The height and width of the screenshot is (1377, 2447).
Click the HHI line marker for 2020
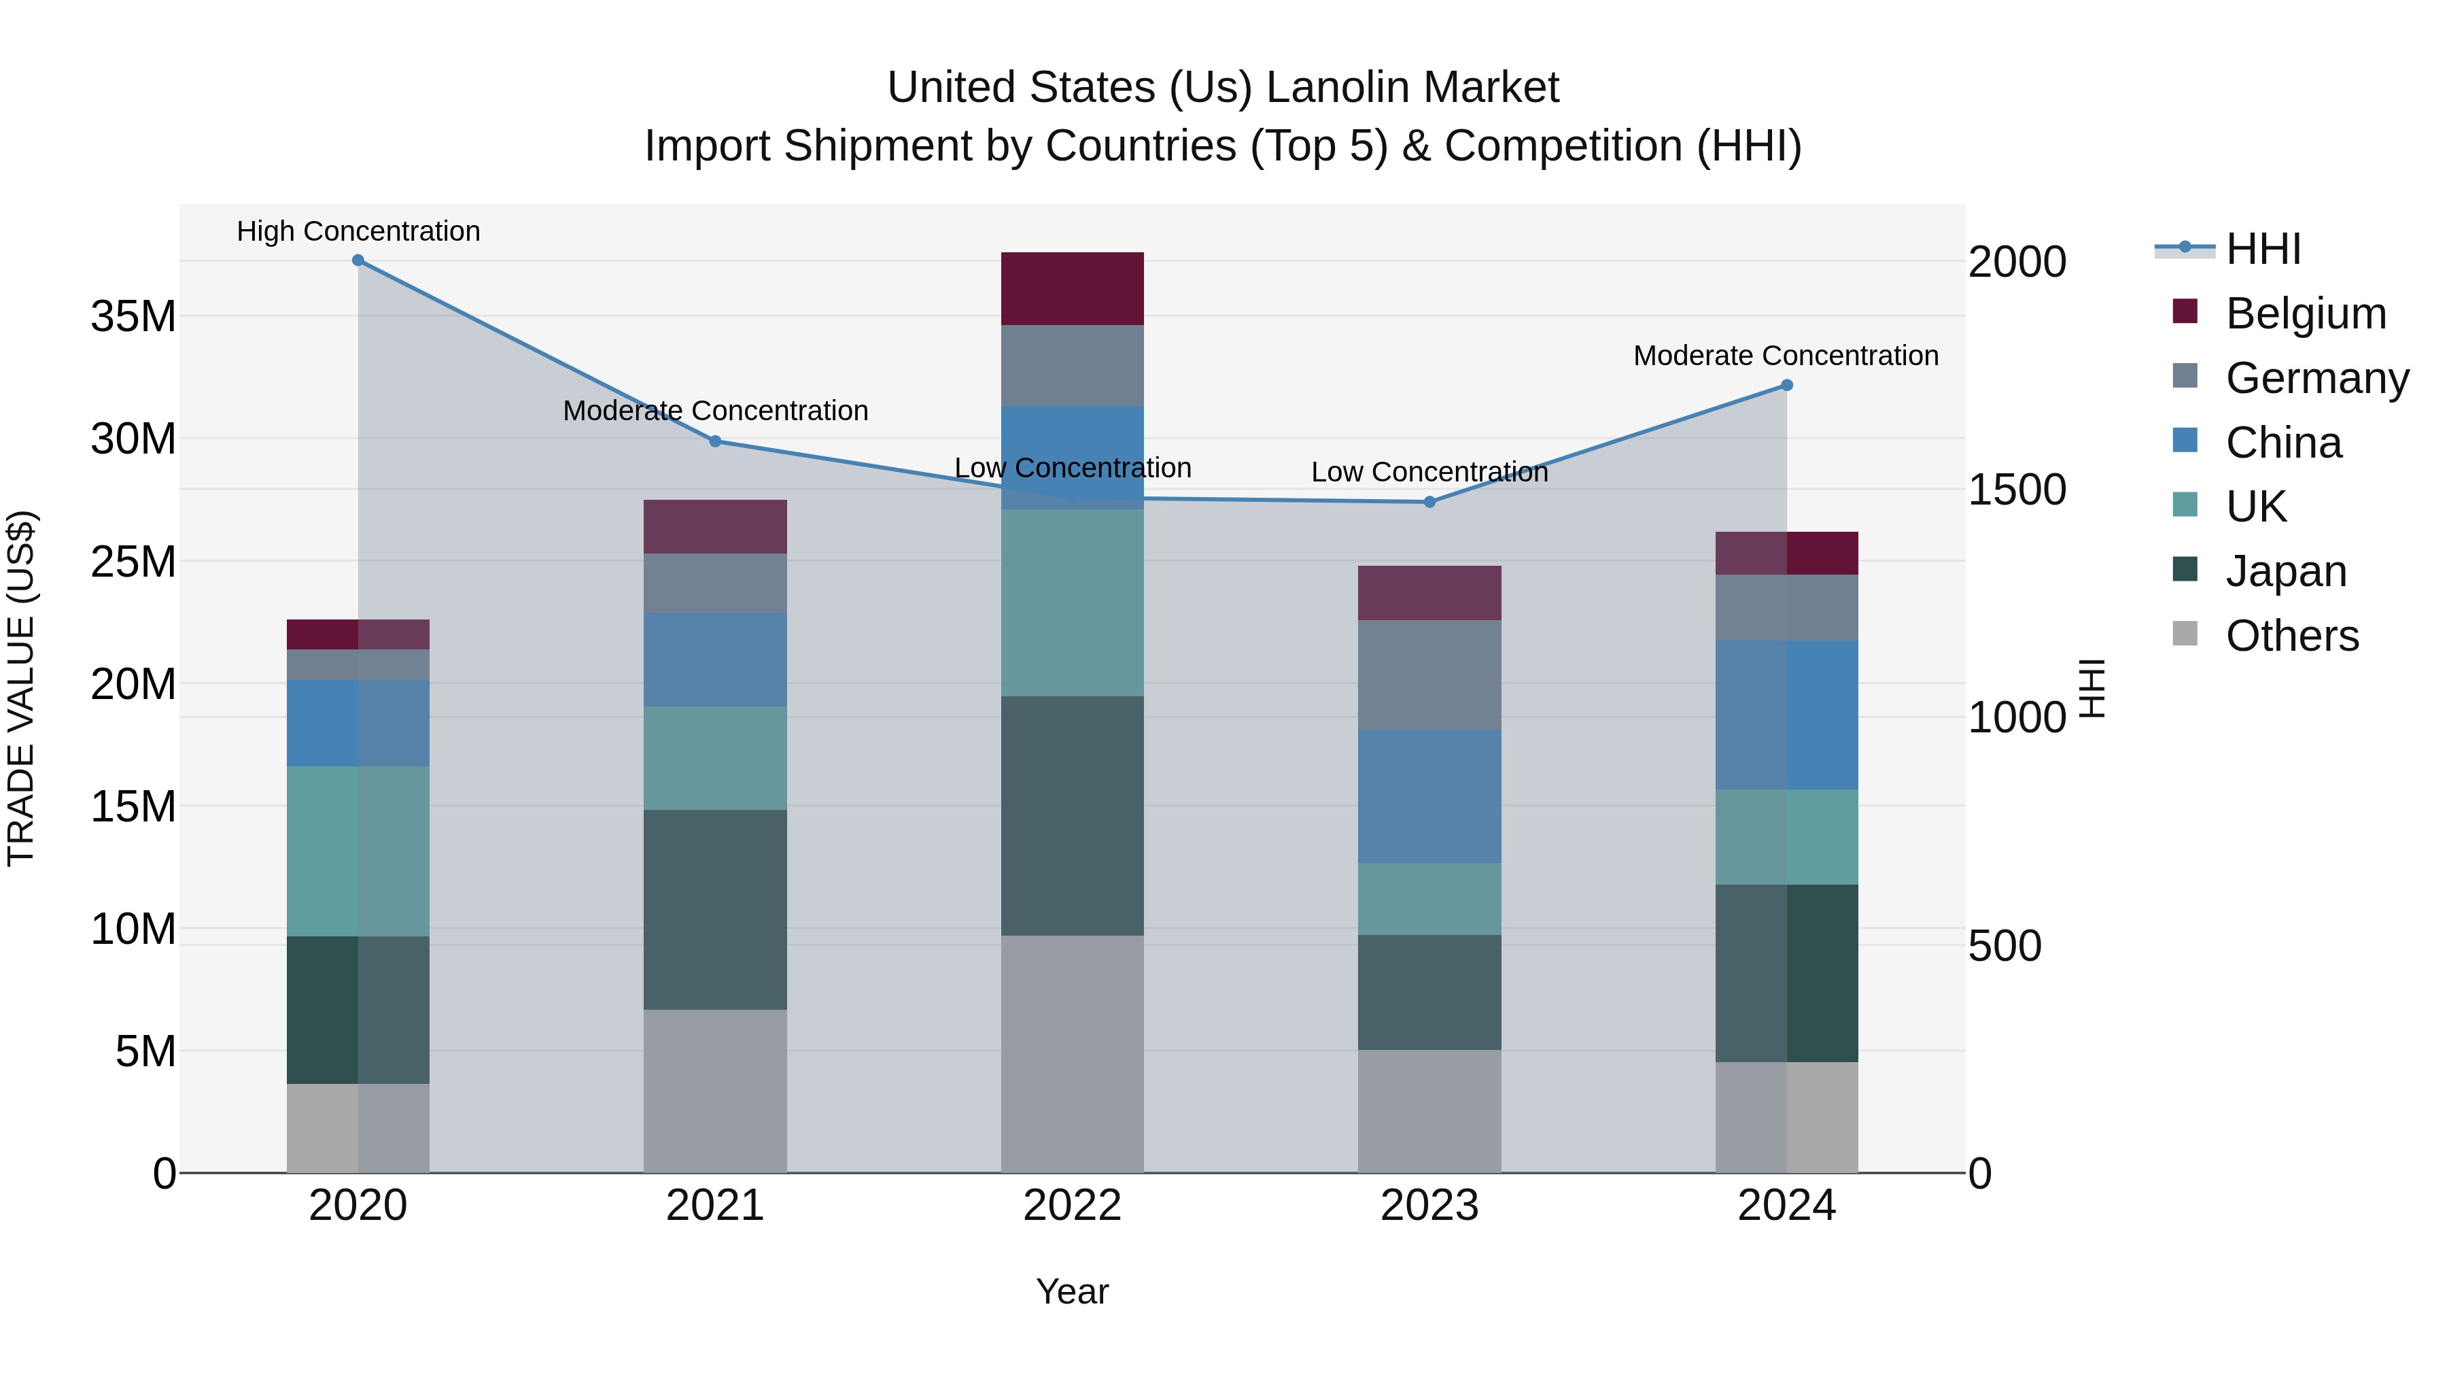coord(358,260)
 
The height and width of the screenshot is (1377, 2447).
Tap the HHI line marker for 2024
coord(1786,385)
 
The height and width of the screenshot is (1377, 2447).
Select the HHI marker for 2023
coord(1429,502)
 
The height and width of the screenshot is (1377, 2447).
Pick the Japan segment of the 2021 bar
coord(714,909)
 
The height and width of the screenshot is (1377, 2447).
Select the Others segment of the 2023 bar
coord(1429,1111)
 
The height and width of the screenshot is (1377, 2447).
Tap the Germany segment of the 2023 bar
coord(1429,675)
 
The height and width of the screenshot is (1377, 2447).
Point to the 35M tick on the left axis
coord(133,316)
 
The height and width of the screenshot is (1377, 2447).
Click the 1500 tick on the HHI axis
coord(2016,490)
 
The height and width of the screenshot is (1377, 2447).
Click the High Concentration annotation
coord(358,231)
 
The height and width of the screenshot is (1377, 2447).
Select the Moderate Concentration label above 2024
coord(1785,356)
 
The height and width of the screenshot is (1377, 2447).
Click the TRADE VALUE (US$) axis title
coord(21,688)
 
